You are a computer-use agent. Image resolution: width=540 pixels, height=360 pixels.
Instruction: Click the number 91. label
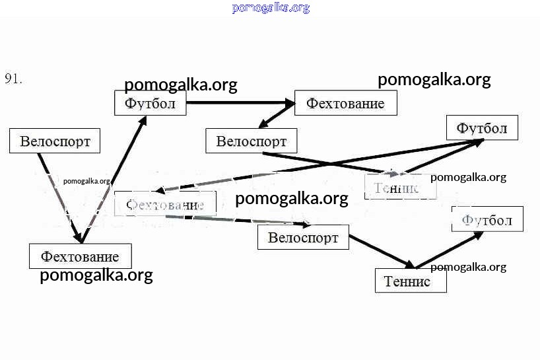click(14, 79)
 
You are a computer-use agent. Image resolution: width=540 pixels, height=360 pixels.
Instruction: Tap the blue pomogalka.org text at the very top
click(271, 8)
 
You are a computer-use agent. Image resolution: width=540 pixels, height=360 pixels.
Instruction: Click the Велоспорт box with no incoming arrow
click(55, 141)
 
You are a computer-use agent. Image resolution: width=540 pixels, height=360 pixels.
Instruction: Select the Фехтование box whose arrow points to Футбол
click(80, 256)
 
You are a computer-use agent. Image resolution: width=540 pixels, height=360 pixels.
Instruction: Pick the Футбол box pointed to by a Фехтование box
click(151, 104)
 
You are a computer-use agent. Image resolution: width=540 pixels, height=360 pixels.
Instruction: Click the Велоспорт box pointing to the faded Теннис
click(251, 141)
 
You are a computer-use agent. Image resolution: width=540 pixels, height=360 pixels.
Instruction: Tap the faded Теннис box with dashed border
click(401, 188)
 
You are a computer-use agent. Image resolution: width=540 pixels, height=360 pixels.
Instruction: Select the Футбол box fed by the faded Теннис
click(482, 128)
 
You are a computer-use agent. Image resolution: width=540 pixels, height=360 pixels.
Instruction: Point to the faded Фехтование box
click(165, 204)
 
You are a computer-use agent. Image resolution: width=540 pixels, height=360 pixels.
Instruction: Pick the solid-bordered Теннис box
click(411, 281)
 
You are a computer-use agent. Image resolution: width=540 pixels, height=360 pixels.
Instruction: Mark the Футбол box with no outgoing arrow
click(487, 219)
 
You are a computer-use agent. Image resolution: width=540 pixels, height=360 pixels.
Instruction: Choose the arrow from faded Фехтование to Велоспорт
click(257, 219)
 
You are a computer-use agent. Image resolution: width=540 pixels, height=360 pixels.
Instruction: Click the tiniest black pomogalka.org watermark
click(86, 180)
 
